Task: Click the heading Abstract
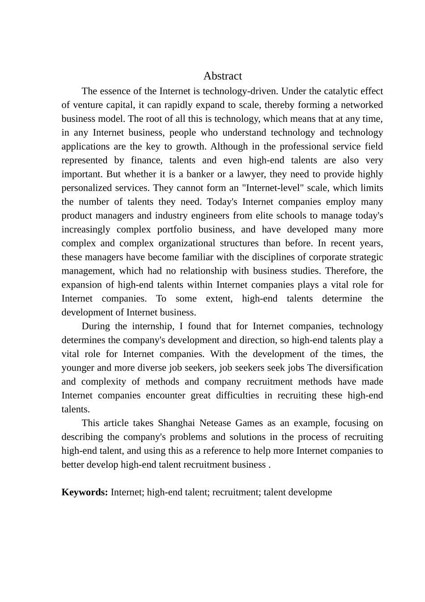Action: (x=222, y=76)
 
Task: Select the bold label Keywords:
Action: (x=85, y=492)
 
